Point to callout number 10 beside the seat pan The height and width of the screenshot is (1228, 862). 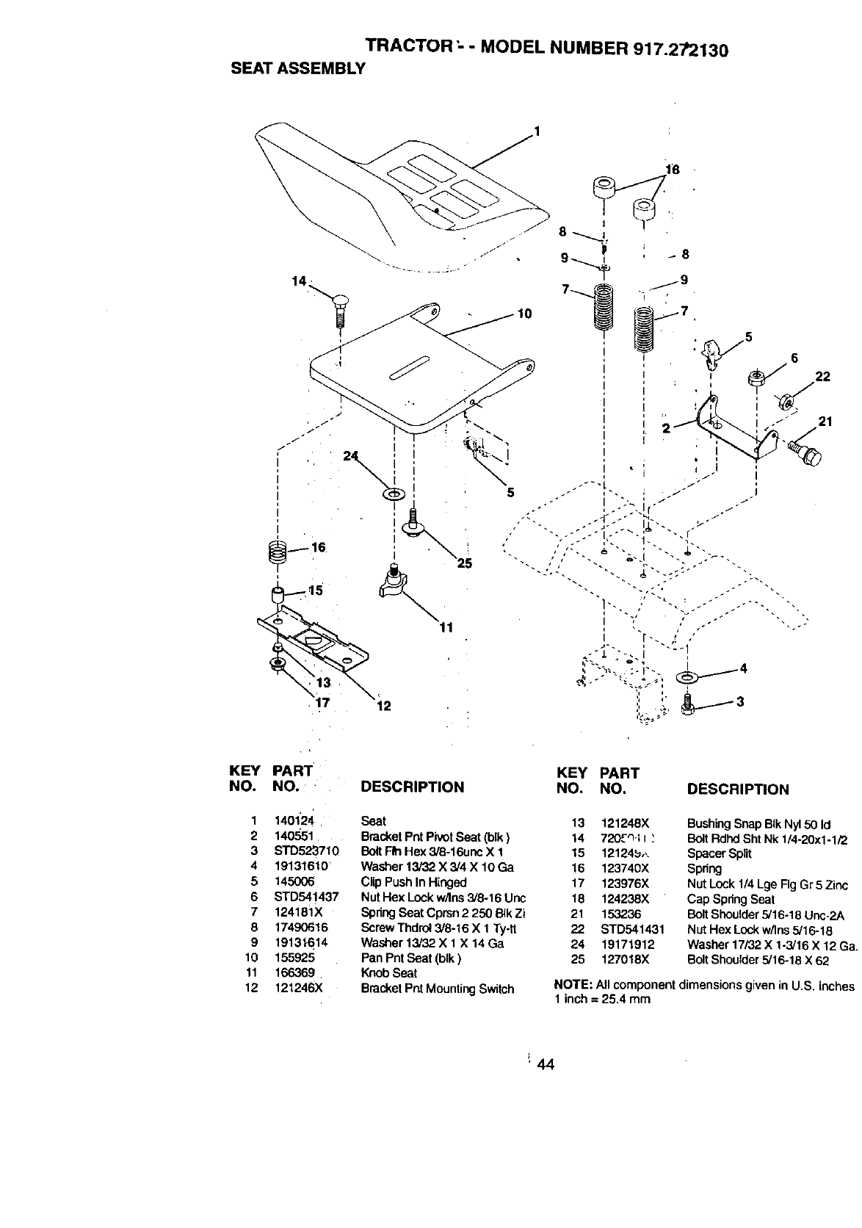[524, 314]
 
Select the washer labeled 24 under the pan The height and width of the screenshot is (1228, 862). [393, 492]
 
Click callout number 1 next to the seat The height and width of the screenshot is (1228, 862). [537, 132]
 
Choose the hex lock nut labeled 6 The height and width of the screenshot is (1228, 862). [756, 379]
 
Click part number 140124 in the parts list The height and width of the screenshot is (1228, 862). [294, 821]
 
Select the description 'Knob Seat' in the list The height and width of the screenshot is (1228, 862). [388, 973]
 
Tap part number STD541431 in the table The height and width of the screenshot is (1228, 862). [632, 929]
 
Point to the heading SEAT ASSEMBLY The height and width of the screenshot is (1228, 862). [298, 69]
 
